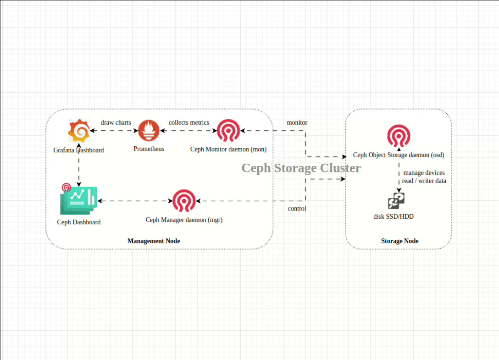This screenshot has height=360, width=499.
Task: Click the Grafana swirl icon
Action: [79, 131]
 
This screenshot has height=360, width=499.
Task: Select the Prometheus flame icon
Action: [149, 131]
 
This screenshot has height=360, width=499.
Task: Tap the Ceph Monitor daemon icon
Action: [228, 131]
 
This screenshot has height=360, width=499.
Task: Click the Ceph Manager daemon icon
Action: [184, 201]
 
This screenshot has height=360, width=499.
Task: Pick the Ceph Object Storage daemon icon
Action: [399, 136]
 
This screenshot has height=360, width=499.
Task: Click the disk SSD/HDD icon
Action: [396, 201]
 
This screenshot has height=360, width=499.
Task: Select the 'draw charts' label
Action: [116, 122]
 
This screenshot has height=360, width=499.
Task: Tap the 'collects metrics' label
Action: [189, 122]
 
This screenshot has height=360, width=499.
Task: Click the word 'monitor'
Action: [297, 122]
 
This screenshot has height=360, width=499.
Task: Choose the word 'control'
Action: [297, 209]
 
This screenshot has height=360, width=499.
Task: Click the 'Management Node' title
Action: [154, 241]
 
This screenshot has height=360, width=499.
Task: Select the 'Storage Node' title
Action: [400, 241]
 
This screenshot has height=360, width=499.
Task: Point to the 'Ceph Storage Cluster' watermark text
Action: [301, 168]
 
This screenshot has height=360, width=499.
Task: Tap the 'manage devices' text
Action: [424, 173]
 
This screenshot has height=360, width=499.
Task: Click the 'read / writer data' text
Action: [424, 181]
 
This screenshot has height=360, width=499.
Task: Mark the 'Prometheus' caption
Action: [149, 149]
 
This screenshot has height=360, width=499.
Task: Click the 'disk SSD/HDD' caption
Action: [394, 216]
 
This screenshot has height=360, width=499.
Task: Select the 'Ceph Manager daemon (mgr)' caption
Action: [184, 220]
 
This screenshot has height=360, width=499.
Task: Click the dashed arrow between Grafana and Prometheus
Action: [114, 131]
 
